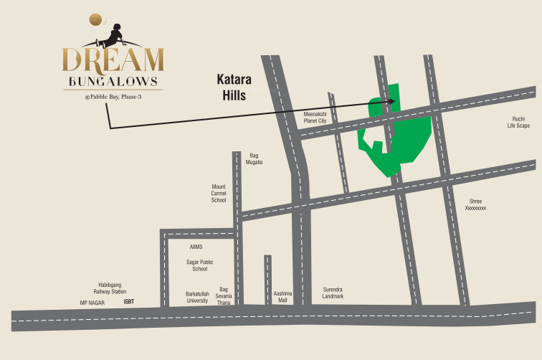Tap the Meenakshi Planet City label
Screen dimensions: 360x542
click(x=315, y=118)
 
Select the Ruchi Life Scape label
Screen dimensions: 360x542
click(x=518, y=123)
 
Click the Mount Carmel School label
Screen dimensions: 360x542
click(x=219, y=194)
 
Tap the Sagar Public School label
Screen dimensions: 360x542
click(x=200, y=265)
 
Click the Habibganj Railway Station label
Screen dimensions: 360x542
click(x=110, y=288)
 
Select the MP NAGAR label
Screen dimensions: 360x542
click(x=92, y=303)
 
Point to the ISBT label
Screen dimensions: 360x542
click(x=129, y=302)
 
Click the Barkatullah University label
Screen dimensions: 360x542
click(x=198, y=298)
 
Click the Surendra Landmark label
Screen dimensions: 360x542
click(x=333, y=293)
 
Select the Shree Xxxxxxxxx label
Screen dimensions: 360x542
click(x=475, y=204)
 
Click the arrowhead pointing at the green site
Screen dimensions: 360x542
click(x=392, y=101)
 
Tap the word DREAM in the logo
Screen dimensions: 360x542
click(x=113, y=60)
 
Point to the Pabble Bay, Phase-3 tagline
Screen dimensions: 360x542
click(x=113, y=97)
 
